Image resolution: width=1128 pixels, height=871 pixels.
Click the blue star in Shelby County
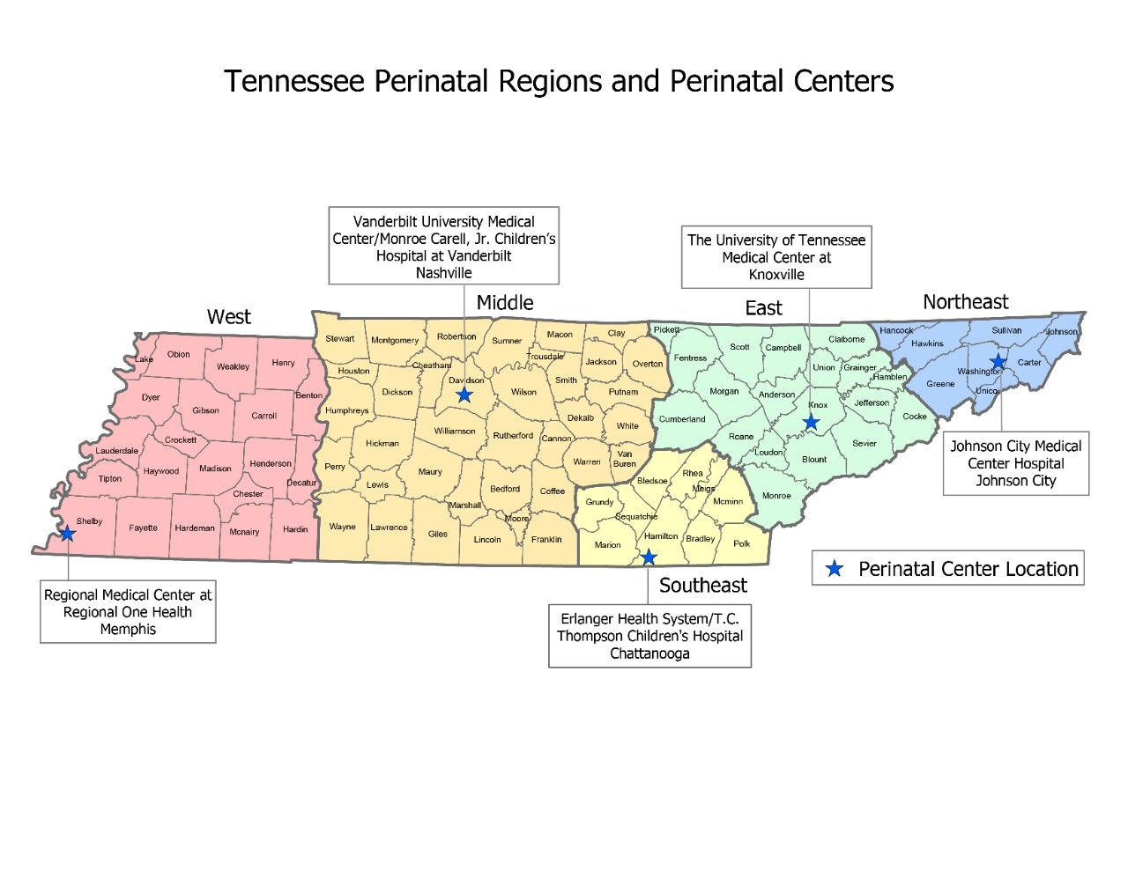(x=67, y=534)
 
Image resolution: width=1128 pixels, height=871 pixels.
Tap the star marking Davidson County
(x=464, y=395)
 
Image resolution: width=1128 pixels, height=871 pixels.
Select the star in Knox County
(x=812, y=423)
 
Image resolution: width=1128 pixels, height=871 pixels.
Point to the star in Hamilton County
(x=649, y=557)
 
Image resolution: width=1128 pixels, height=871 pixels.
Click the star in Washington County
(x=998, y=362)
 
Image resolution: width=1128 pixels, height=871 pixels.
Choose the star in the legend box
(x=834, y=569)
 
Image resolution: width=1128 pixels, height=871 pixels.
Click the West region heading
(x=229, y=317)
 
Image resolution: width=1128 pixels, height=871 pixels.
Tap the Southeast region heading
(x=702, y=586)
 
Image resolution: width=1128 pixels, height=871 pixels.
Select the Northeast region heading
(x=965, y=302)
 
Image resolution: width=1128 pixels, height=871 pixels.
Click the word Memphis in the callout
(x=128, y=629)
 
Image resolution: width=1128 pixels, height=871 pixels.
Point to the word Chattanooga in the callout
(x=649, y=653)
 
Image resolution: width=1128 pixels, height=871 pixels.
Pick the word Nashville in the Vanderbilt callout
(x=443, y=273)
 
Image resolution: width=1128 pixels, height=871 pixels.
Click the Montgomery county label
(x=395, y=340)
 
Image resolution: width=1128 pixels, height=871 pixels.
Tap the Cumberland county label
(x=682, y=419)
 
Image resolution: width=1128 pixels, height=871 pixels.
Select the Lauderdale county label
(x=117, y=451)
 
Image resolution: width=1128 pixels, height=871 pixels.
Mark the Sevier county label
(x=865, y=444)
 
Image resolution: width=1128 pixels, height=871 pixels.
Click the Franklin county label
(x=546, y=540)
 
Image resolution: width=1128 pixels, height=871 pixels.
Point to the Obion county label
(x=179, y=355)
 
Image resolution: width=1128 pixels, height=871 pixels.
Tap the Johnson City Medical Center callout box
(x=1015, y=463)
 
